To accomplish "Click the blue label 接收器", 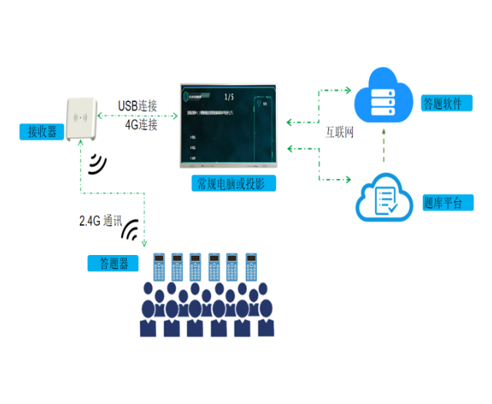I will (42, 132).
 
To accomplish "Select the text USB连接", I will (138, 105).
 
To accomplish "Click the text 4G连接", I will (141, 124).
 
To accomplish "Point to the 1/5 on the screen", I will (228, 98).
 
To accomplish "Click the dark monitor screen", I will (228, 126).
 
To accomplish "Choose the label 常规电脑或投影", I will (234, 183).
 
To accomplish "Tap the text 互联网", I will (338, 134).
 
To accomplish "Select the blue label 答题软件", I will (443, 103).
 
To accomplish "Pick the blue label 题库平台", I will (443, 204).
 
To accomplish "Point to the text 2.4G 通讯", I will (100, 220).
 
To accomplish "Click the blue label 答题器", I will (113, 263).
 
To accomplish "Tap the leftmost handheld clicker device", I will (160, 267).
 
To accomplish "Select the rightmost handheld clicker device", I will (251, 267).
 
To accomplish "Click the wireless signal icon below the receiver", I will (98, 163).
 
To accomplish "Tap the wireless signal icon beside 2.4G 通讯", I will (132, 230).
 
